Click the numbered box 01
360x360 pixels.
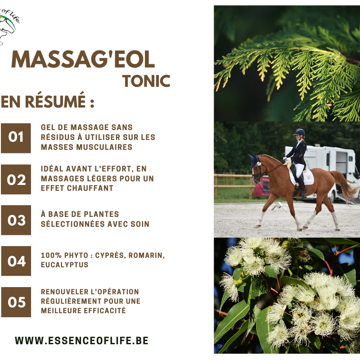(x=16, y=138)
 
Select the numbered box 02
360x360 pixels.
(x=16, y=179)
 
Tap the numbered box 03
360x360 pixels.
(x=16, y=220)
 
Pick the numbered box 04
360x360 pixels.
(x=16, y=261)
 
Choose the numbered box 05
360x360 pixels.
(x=16, y=302)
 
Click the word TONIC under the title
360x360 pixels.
(x=147, y=81)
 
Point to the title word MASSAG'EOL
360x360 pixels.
(x=83, y=59)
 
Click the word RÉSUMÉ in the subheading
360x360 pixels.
(x=55, y=101)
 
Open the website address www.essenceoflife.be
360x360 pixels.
(x=81, y=341)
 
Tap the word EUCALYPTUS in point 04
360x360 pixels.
(x=64, y=265)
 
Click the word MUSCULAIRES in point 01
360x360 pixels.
(x=104, y=147)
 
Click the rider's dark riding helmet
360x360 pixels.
(x=299, y=132)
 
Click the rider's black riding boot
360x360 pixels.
(x=301, y=186)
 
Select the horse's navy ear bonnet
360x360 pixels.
(x=254, y=160)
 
